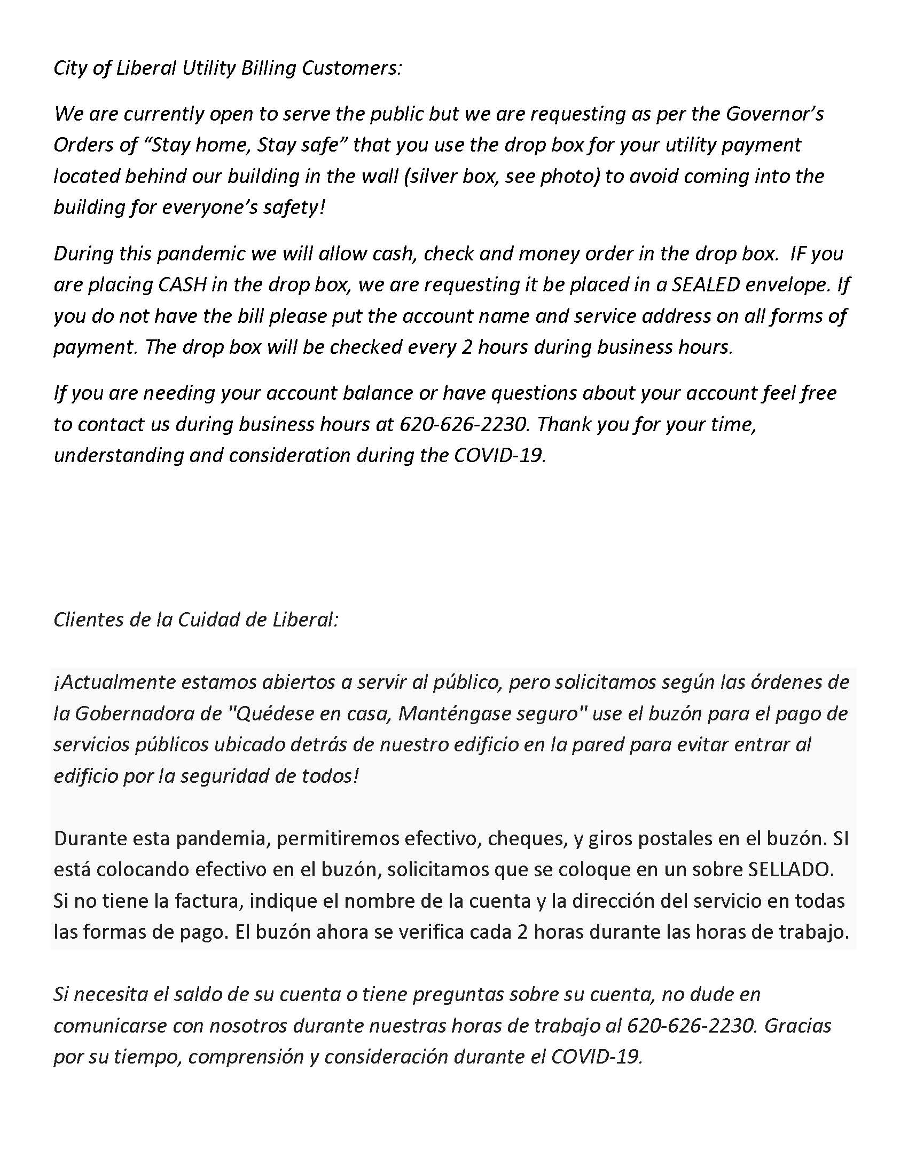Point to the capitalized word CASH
[x=182, y=284]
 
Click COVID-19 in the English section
[x=499, y=455]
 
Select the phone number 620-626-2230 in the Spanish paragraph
[x=690, y=1026]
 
